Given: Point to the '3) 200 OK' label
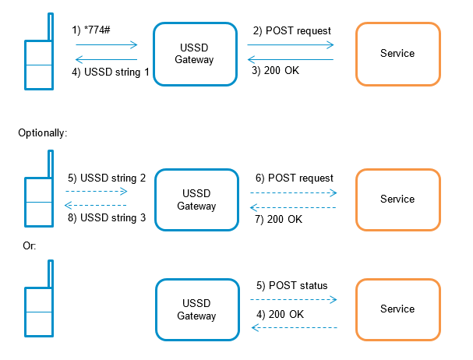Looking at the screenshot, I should pyautogui.click(x=277, y=71).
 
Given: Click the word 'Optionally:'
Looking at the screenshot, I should pyautogui.click(x=43, y=133).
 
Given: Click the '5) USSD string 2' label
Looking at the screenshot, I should pyautogui.click(x=108, y=178).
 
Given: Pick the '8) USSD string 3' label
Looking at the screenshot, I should pyautogui.click(x=108, y=217).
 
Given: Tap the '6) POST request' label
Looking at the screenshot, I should pyautogui.click(x=294, y=178).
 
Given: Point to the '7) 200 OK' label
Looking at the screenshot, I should pyautogui.click(x=280, y=218).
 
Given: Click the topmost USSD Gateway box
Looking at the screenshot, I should pyautogui.click(x=194, y=54).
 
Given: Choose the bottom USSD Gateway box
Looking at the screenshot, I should pyautogui.click(x=196, y=309).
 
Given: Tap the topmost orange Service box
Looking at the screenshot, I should pyautogui.click(x=397, y=54).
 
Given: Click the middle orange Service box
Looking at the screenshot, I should pyautogui.click(x=397, y=199).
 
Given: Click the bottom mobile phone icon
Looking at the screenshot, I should pyautogui.click(x=37, y=309).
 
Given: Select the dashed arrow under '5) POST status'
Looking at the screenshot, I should pyautogui.click(x=294, y=298).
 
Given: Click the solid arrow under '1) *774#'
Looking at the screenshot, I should pyautogui.click(x=106, y=45).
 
